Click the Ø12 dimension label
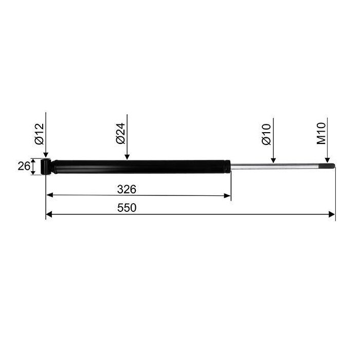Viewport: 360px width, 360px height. (x=39, y=134)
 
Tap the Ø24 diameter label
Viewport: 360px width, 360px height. (x=120, y=133)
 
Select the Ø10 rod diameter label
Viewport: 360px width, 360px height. (x=266, y=134)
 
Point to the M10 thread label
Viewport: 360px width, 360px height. (x=321, y=133)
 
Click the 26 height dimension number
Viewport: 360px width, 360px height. (x=24, y=166)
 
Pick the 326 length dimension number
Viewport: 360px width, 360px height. (x=127, y=189)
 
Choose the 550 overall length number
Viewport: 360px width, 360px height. (x=127, y=208)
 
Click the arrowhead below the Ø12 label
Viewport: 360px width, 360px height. (x=46, y=155)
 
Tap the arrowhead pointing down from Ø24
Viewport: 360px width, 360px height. (x=127, y=156)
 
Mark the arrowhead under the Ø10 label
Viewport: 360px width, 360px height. (x=273, y=160)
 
